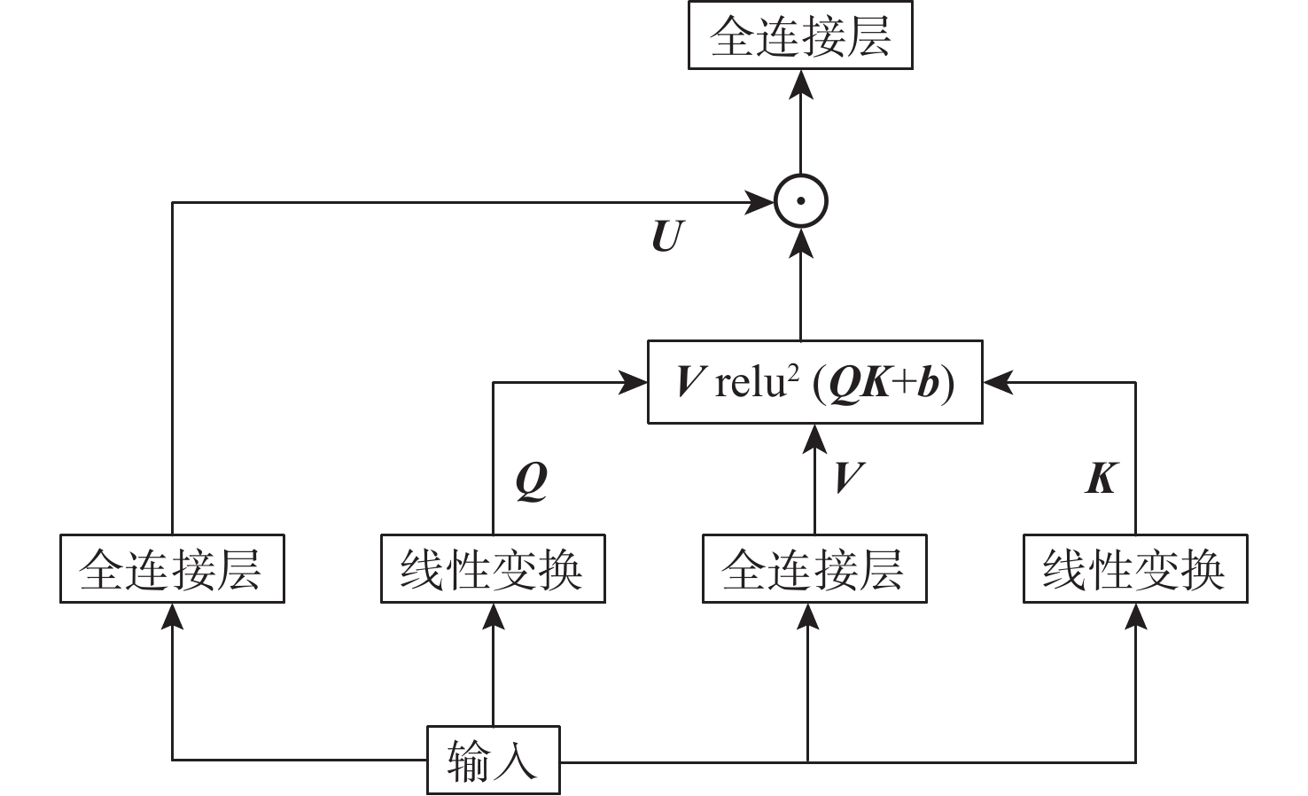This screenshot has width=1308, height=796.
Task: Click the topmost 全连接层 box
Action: pyautogui.click(x=800, y=37)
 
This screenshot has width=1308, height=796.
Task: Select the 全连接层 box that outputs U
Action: pyautogui.click(x=172, y=569)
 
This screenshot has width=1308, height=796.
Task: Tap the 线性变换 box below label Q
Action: pyautogui.click(x=493, y=569)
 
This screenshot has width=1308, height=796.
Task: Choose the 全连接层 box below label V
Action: pyautogui.click(x=814, y=569)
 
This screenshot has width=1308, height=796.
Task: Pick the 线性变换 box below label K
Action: pyautogui.click(x=1135, y=569)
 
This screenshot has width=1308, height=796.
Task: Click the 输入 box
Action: pyautogui.click(x=493, y=761)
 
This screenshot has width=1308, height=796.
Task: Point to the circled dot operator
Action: pyautogui.click(x=800, y=201)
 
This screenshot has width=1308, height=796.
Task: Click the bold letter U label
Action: pyautogui.click(x=667, y=236)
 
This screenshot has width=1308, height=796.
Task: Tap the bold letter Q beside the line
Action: pyautogui.click(x=531, y=480)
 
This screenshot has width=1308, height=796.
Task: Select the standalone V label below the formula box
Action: pyautogui.click(x=848, y=478)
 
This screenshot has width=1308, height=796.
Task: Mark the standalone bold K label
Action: pyautogui.click(x=1101, y=478)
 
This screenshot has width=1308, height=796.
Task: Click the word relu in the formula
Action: pyautogui.click(x=750, y=383)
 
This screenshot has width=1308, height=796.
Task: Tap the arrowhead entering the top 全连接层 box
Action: pyautogui.click(x=800, y=82)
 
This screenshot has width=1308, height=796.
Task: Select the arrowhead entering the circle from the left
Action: pyautogui.click(x=761, y=202)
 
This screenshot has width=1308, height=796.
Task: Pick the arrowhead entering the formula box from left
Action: pyautogui.click(x=635, y=383)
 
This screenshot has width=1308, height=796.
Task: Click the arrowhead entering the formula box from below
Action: pyautogui.click(x=814, y=438)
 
